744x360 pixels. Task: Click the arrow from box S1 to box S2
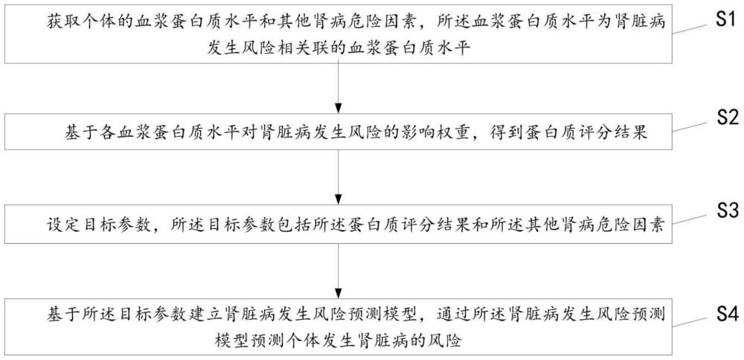[339, 87]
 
